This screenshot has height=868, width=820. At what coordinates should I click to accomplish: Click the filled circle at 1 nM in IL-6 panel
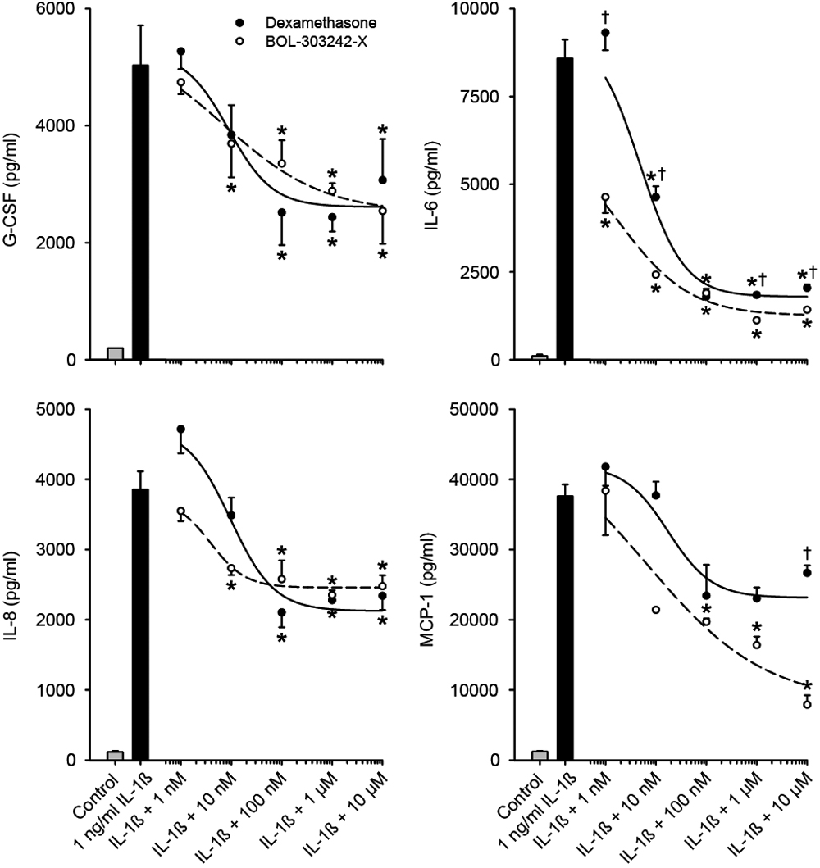(x=605, y=33)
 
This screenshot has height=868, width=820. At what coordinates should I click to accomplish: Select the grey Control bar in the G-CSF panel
(x=116, y=353)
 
